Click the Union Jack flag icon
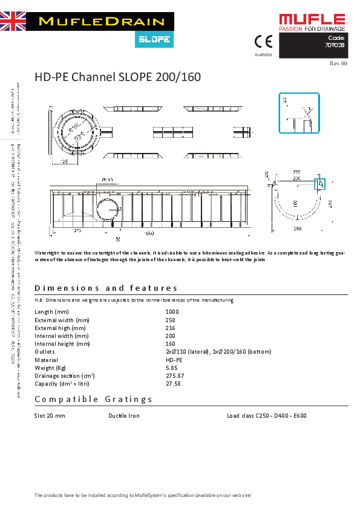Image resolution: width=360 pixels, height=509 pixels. [13, 21]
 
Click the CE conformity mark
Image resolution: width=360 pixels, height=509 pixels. [263, 42]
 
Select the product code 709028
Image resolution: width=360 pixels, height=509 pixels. [336, 45]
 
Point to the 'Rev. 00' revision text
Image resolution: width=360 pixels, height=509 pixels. [338, 63]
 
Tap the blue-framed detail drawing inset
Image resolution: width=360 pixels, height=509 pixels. [299, 113]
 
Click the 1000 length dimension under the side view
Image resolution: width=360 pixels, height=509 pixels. [149, 232]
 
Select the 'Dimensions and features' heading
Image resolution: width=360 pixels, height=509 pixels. [106, 288]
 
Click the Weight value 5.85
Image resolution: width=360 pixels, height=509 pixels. [171, 368]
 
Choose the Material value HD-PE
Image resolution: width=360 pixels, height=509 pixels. [174, 360]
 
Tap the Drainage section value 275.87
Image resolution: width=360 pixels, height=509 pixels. [175, 375]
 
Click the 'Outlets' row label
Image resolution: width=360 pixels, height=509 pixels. [45, 352]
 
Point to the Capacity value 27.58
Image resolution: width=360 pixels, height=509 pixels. [173, 383]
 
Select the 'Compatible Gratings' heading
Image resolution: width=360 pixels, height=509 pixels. [94, 399]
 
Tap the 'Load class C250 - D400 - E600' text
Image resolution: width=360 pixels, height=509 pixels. [266, 416]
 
